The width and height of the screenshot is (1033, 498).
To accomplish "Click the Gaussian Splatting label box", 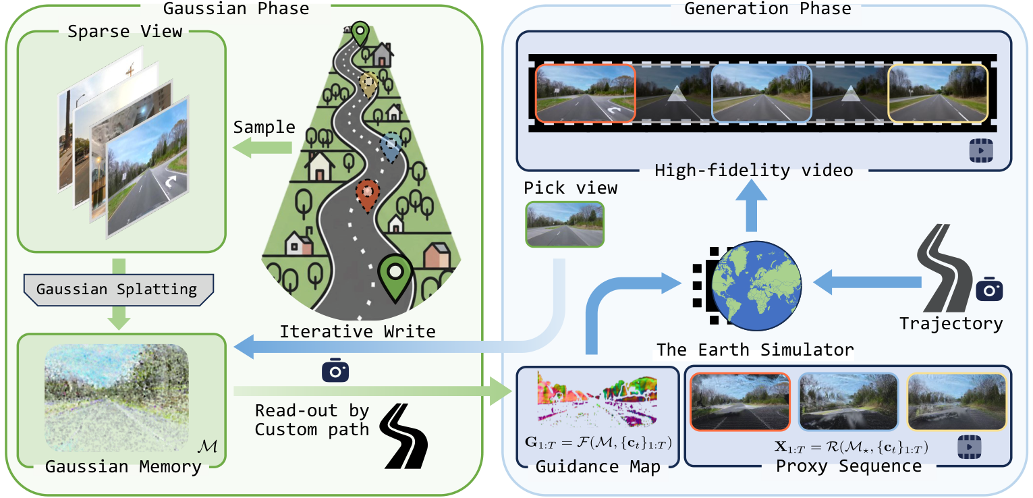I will pyautogui.click(x=117, y=289).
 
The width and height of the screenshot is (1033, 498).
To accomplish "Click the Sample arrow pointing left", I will pyautogui.click(x=263, y=148).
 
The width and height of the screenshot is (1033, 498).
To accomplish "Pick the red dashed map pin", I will pyautogui.click(x=367, y=195).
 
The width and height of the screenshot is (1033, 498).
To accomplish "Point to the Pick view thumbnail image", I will pyautogui.click(x=565, y=224).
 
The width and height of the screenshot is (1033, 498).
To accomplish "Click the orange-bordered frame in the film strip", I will pyautogui.click(x=584, y=93).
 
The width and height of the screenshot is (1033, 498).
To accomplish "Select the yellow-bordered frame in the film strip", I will pyautogui.click(x=938, y=93).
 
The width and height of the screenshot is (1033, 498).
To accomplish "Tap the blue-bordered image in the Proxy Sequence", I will pyautogui.click(x=848, y=402).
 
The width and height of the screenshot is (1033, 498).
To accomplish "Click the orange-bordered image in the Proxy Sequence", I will pyautogui.click(x=740, y=402).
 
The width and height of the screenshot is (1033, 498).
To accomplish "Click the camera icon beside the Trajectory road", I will pyautogui.click(x=989, y=289).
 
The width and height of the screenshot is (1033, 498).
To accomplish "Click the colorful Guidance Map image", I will pyautogui.click(x=597, y=399).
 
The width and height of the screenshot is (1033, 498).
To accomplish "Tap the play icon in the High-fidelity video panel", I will pyautogui.click(x=980, y=150).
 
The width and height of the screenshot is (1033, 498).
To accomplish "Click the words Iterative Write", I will pyautogui.click(x=358, y=331).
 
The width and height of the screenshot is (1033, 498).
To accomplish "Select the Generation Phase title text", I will pyautogui.click(x=767, y=8).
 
